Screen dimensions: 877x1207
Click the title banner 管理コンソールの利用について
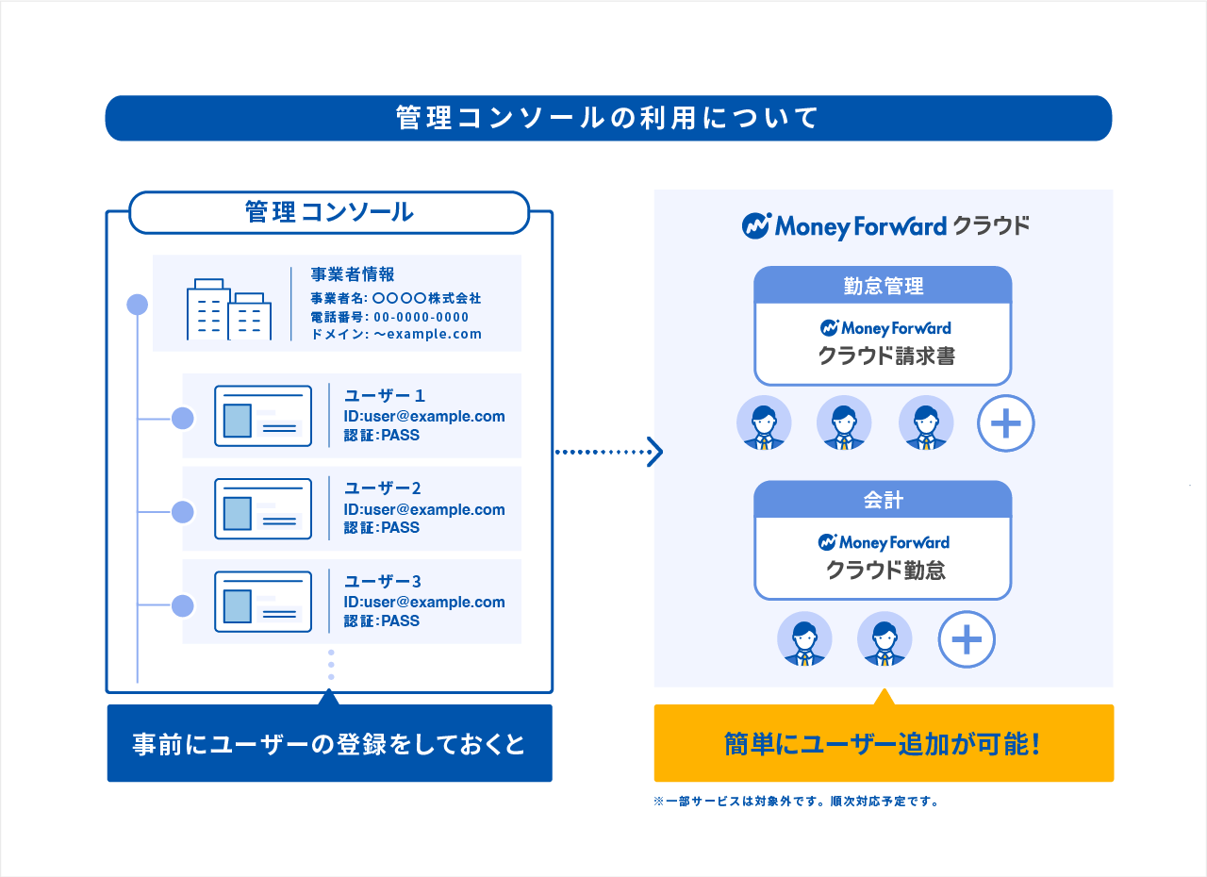[x=608, y=118]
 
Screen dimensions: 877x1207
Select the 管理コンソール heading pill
[x=329, y=212]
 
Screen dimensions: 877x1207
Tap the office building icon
[x=229, y=308]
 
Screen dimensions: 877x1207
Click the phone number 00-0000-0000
[x=421, y=317]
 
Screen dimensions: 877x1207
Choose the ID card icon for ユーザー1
[x=263, y=416]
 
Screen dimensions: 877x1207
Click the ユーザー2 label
[x=383, y=488]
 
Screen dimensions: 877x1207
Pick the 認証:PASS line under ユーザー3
[x=382, y=621]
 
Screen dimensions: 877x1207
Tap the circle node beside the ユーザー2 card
[x=183, y=512]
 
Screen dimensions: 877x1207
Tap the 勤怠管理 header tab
[x=883, y=286]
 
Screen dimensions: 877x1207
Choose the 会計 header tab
[x=883, y=501]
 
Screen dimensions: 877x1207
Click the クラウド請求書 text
[x=885, y=356]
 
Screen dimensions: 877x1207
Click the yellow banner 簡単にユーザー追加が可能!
[x=884, y=744]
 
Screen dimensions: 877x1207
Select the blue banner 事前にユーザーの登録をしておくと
[x=329, y=744]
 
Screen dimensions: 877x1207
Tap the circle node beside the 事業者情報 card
[x=138, y=305]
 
